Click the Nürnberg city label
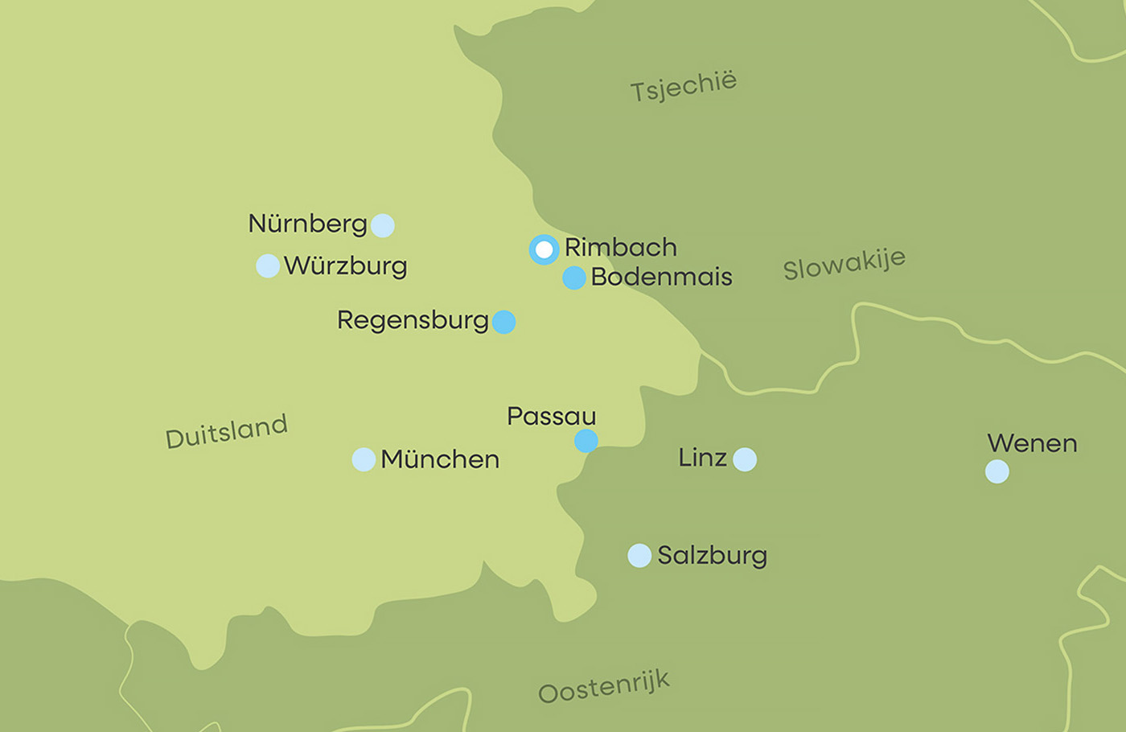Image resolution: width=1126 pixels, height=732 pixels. (307, 224)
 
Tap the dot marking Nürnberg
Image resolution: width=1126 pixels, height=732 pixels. (383, 225)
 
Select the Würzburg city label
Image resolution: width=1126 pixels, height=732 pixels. (346, 265)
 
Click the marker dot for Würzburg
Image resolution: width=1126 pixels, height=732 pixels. (268, 265)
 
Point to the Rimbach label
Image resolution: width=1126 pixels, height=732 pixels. (620, 247)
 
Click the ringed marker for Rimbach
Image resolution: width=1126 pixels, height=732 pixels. (544, 249)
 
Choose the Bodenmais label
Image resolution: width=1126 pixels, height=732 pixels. (661, 277)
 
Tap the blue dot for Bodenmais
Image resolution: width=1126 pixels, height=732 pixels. (573, 278)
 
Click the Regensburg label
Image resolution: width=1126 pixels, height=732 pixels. (413, 320)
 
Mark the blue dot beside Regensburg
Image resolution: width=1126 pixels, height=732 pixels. (504, 322)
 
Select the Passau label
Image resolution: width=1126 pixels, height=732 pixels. (551, 416)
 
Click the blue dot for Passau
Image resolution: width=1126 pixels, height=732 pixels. (586, 441)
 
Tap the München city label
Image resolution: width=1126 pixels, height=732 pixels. (440, 459)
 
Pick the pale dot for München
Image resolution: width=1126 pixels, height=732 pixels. (364, 459)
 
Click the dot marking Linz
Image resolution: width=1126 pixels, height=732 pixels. (745, 459)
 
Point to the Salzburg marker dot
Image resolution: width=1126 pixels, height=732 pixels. (639, 555)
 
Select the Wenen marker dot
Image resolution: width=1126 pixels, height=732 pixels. (997, 471)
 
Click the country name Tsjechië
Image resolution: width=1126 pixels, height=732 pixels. (683, 86)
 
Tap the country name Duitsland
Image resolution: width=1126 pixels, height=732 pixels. (226, 431)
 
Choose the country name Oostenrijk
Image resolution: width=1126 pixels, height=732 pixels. (603, 688)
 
